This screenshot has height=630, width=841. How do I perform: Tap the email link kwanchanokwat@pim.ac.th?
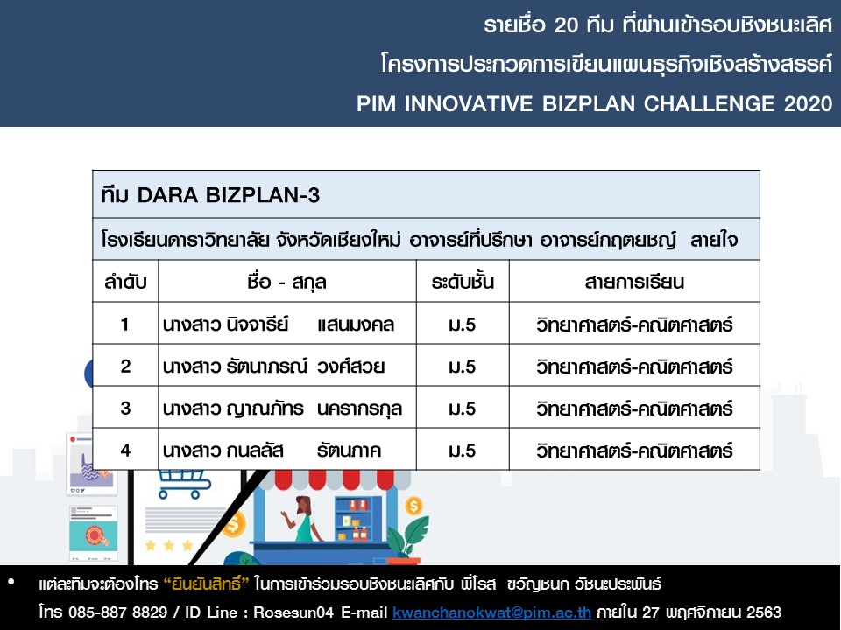(491, 612)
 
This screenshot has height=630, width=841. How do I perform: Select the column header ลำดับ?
(125, 282)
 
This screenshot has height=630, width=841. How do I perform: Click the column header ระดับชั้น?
(463, 282)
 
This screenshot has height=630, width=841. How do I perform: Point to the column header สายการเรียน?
(634, 282)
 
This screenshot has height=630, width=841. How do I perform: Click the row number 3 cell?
(125, 409)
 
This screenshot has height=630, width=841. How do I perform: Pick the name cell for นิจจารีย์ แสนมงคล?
(287, 324)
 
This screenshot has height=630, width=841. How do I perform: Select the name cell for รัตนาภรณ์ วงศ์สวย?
(287, 367)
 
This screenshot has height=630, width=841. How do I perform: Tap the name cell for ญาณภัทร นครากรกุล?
(287, 409)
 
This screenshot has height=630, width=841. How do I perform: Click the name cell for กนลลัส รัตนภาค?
(287, 450)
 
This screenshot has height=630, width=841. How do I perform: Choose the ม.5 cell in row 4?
(463, 450)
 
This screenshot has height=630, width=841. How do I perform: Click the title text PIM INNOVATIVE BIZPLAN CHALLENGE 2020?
(594, 103)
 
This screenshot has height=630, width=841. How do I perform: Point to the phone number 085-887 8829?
(117, 612)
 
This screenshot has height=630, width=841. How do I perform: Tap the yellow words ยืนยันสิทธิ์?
(207, 584)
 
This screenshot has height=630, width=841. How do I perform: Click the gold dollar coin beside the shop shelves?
(413, 505)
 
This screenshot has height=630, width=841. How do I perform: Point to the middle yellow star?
(169, 545)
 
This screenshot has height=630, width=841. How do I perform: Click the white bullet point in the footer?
(11, 582)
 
